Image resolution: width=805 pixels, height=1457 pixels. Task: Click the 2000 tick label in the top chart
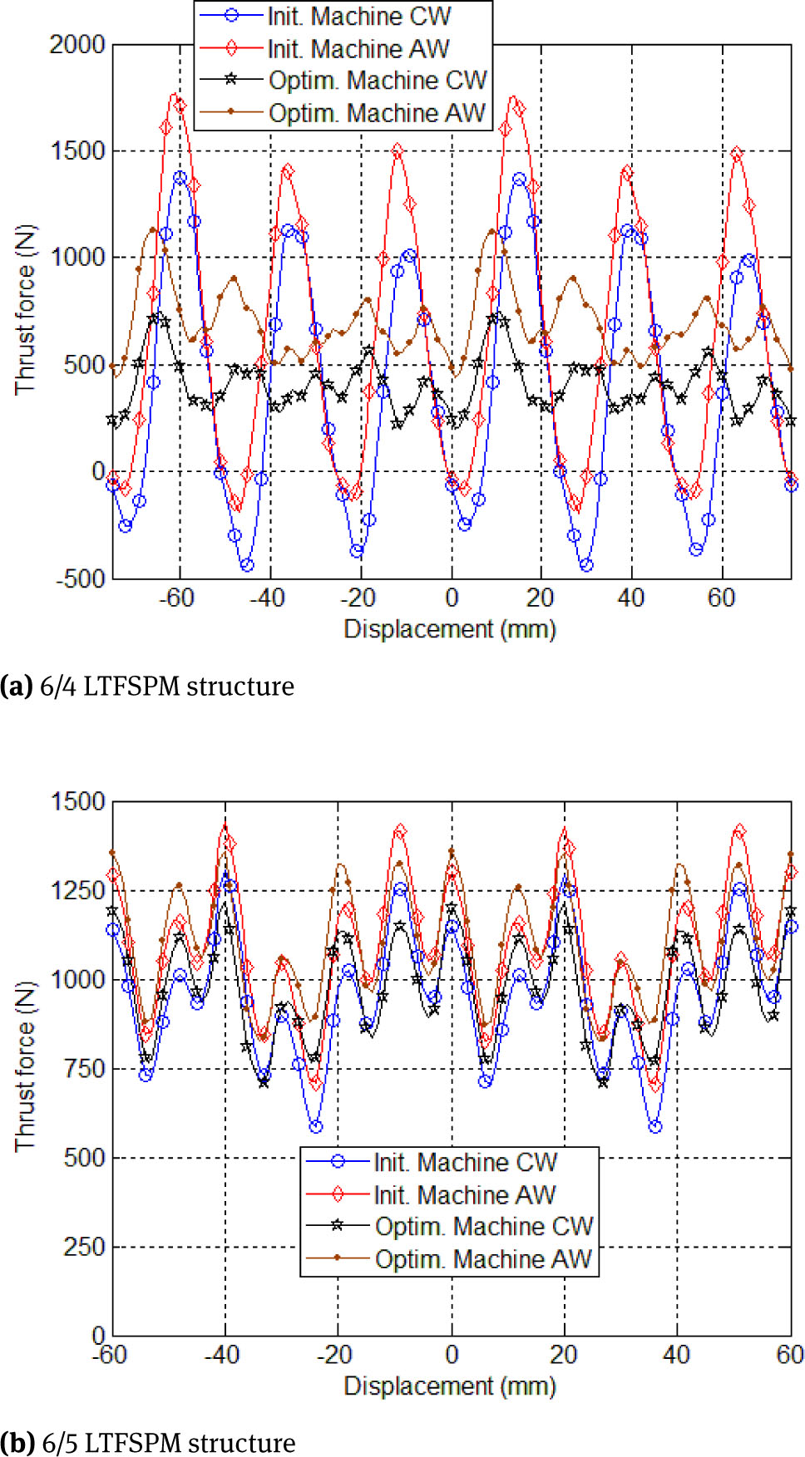pyautogui.click(x=77, y=45)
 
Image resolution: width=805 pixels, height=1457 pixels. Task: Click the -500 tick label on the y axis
pyautogui.click(x=81, y=579)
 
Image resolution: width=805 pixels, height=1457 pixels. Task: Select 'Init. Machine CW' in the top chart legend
pyautogui.click(x=359, y=17)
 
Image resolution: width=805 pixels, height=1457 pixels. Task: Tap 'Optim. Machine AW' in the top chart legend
pyautogui.click(x=377, y=113)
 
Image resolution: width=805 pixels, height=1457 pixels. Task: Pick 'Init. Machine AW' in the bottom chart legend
pyautogui.click(x=464, y=1195)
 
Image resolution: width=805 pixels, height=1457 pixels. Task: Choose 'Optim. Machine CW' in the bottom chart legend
pyautogui.click(x=484, y=1227)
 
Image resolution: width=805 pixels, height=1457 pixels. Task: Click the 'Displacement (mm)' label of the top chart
pyautogui.click(x=450, y=629)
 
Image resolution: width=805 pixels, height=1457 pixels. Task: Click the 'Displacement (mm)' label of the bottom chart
pyautogui.click(x=450, y=1386)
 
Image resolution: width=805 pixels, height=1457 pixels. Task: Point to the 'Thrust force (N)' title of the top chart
pyautogui.click(x=25, y=309)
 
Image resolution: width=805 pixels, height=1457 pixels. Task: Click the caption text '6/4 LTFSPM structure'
pyautogui.click(x=166, y=687)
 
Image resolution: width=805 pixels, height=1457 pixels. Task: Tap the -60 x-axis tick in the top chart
pyautogui.click(x=176, y=598)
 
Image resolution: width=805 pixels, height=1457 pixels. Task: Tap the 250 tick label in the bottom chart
pyautogui.click(x=84, y=1247)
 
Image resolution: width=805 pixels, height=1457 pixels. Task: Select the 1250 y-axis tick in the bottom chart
pyautogui.click(x=78, y=890)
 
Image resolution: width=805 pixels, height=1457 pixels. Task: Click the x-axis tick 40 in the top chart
pyautogui.click(x=630, y=598)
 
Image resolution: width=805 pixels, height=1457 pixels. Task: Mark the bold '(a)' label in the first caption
pyautogui.click(x=16, y=687)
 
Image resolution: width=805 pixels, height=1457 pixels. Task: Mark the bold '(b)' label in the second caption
pyautogui.click(x=17, y=1443)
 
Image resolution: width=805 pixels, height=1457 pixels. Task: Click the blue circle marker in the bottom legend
pyautogui.click(x=338, y=1162)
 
